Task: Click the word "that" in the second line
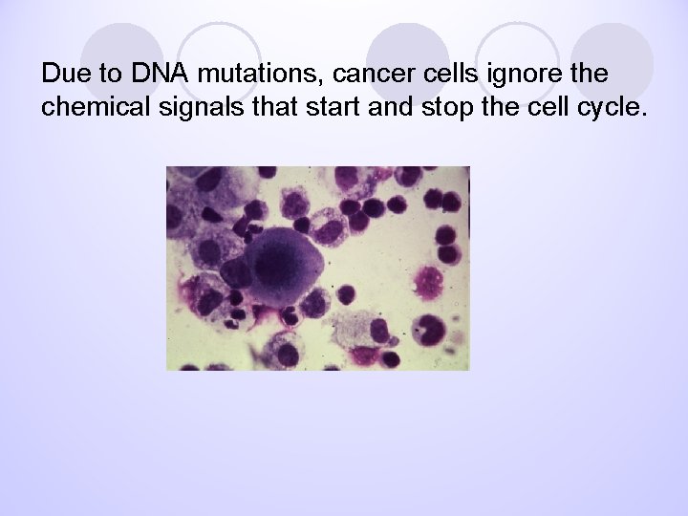[284, 107]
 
